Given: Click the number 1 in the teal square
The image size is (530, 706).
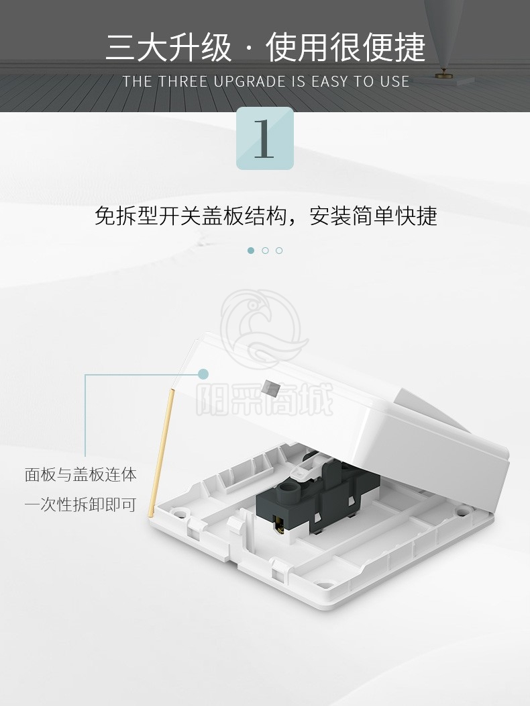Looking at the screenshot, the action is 264,138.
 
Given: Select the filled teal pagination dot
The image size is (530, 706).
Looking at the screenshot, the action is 251,251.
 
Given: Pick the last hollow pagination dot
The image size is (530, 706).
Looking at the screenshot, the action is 279,251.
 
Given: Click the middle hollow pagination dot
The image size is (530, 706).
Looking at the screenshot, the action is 265,251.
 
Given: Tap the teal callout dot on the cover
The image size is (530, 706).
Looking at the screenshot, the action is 204,373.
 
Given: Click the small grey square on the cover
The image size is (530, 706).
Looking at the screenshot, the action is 271,388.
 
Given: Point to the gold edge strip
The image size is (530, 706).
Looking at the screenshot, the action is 160,452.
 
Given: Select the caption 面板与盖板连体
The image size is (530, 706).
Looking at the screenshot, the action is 81,474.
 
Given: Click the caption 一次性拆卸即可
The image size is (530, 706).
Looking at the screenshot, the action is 81,504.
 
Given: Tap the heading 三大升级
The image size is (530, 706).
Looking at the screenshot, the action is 168,47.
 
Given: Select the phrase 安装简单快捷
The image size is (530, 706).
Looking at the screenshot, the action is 374,216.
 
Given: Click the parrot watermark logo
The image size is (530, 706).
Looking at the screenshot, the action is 263,328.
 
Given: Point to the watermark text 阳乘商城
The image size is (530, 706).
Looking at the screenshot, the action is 265,398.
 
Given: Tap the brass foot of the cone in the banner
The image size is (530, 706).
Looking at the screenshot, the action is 443,73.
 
